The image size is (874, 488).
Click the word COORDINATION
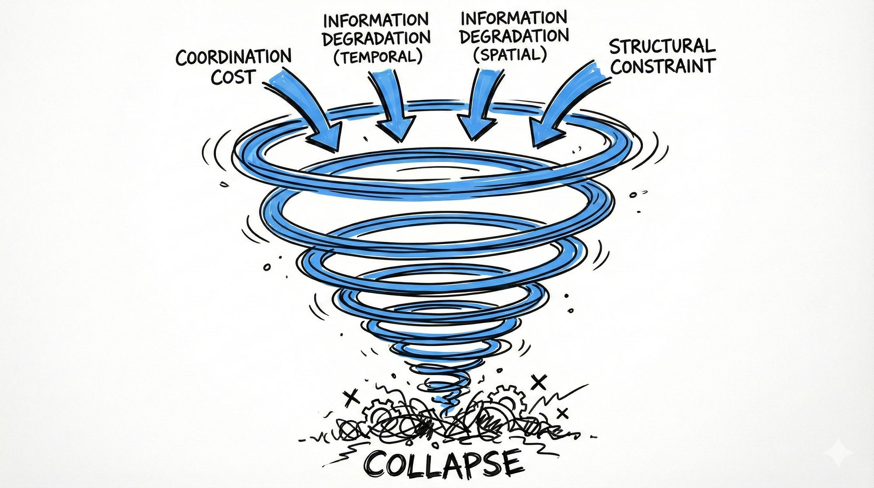coord(233,57)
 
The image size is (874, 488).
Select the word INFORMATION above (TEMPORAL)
coord(376,20)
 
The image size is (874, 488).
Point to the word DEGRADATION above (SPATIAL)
coord(514,36)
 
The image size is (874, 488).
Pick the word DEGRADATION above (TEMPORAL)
coord(376,38)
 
